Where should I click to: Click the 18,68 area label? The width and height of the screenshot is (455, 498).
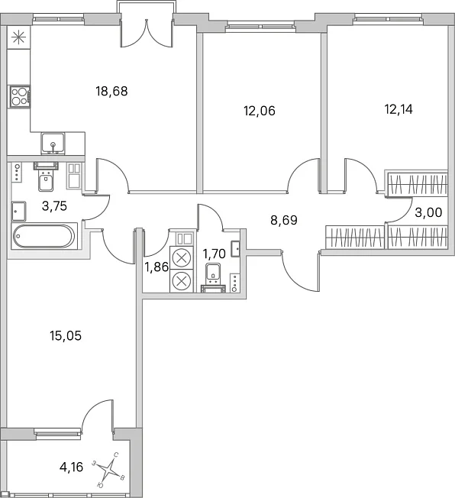(x=111, y=92)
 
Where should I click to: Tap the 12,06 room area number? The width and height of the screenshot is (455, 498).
(x=260, y=111)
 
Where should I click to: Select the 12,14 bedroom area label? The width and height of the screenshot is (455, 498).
(x=399, y=109)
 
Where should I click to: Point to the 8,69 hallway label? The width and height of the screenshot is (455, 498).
(x=284, y=220)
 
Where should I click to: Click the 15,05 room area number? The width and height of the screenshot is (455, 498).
(x=66, y=336)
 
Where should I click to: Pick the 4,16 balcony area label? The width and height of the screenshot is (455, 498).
(x=71, y=467)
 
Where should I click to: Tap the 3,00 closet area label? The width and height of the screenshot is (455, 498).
(x=428, y=212)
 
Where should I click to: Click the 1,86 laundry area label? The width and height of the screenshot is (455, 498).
(x=157, y=267)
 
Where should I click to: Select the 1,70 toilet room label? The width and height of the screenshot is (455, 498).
(x=214, y=254)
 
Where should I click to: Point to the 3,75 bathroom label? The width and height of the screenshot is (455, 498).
(x=54, y=206)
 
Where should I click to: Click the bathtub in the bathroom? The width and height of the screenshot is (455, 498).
(x=44, y=236)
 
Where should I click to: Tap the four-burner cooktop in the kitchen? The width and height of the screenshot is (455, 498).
(x=20, y=96)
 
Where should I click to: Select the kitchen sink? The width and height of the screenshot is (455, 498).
(x=53, y=144)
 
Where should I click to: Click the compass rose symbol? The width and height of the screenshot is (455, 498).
(x=109, y=467)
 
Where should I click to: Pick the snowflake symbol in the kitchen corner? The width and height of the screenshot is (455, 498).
(x=18, y=37)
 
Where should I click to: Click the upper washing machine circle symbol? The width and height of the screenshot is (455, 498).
(x=181, y=257)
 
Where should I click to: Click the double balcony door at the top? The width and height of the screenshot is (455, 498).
(x=147, y=33)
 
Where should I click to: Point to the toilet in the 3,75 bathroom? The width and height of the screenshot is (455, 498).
(x=46, y=176)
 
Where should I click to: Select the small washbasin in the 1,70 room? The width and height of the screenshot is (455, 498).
(x=236, y=248)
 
